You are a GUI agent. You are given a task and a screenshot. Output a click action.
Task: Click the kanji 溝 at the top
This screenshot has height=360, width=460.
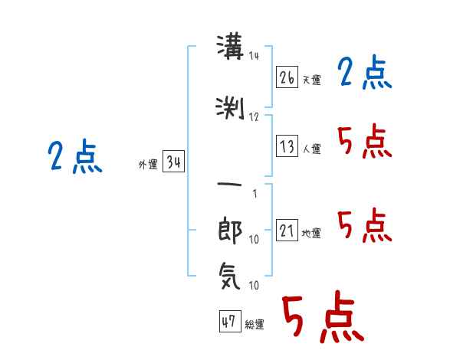pyautogui.click(x=230, y=47)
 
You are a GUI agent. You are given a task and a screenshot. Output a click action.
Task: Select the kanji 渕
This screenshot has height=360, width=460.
pyautogui.click(x=230, y=108)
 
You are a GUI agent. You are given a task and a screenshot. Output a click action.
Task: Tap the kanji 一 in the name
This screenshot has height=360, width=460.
pyautogui.click(x=230, y=185)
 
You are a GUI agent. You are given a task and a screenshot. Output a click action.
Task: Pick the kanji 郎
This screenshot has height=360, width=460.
pyautogui.click(x=230, y=230)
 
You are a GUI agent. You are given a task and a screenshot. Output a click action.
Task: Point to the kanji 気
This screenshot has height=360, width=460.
pyautogui.click(x=230, y=276)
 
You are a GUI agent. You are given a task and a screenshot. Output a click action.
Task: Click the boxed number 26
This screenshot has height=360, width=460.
pyautogui.click(x=287, y=77)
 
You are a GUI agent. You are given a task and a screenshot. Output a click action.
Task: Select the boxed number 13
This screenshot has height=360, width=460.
pyautogui.click(x=287, y=146)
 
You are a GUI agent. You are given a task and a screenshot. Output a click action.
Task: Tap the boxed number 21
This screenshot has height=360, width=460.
pyautogui.click(x=287, y=230)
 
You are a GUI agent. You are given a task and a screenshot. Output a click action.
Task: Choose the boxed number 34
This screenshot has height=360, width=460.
pyautogui.click(x=173, y=161)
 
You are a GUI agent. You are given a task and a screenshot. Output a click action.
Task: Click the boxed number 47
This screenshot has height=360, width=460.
pyautogui.click(x=230, y=321)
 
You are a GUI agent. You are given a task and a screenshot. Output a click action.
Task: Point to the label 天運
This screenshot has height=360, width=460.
pyautogui.click(x=312, y=80)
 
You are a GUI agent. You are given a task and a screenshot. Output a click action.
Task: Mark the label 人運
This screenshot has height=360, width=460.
pyautogui.click(x=312, y=149)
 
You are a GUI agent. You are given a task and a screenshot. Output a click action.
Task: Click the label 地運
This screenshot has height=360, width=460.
pyautogui.click(x=311, y=233)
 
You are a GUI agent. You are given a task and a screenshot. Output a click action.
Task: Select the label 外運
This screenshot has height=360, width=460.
pyautogui.click(x=148, y=164)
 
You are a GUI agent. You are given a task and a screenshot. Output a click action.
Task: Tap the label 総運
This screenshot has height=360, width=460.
pyautogui.click(x=255, y=324)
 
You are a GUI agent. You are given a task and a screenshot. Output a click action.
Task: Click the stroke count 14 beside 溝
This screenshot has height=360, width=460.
pyautogui.click(x=254, y=56)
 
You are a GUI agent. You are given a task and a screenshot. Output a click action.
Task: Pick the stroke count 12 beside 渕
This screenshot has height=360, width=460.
pyautogui.click(x=254, y=117)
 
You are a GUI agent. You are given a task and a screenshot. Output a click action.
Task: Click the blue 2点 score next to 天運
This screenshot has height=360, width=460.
pyautogui.click(x=365, y=72)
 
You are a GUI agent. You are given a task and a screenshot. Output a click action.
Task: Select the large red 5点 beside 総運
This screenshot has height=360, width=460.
pyautogui.click(x=323, y=316)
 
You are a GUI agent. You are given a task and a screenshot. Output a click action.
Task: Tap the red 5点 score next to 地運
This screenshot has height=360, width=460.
pyautogui.click(x=365, y=225)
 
